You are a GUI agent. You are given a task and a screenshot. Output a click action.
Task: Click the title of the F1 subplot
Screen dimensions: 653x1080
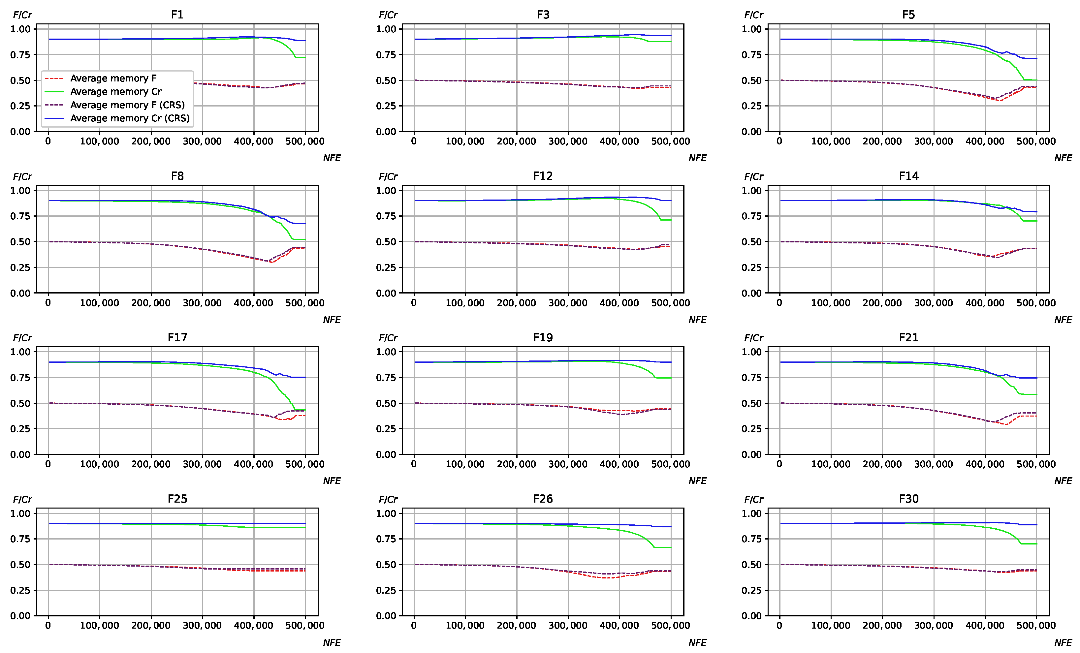(x=177, y=15)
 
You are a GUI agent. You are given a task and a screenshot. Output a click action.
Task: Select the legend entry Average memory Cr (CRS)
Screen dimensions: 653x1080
(x=130, y=118)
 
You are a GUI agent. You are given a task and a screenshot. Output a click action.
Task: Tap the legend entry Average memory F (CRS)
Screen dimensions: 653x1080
(x=127, y=105)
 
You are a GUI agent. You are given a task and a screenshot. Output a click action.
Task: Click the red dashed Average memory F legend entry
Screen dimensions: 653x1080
(x=113, y=78)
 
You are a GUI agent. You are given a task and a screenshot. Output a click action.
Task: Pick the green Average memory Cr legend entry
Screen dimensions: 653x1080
(x=116, y=92)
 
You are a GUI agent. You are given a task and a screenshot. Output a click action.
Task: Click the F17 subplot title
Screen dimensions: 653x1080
(x=177, y=337)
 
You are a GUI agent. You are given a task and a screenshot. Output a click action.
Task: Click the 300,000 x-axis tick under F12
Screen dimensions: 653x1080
(x=568, y=303)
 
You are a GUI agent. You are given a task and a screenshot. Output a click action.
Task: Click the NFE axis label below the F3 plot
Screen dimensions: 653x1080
(x=697, y=158)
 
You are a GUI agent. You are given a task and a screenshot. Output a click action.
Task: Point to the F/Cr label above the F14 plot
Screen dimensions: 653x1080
(x=753, y=177)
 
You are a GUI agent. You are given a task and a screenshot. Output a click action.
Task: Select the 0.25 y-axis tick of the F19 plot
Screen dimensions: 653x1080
(x=386, y=429)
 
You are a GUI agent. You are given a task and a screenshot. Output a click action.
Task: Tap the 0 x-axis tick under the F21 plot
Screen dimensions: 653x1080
(x=779, y=464)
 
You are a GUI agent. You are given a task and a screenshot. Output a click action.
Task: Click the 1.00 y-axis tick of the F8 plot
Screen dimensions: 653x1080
(x=20, y=191)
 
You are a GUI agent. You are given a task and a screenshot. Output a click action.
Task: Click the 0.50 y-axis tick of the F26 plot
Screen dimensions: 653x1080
(x=386, y=565)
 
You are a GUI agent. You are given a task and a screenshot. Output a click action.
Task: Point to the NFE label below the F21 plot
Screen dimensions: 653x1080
(x=1063, y=481)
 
